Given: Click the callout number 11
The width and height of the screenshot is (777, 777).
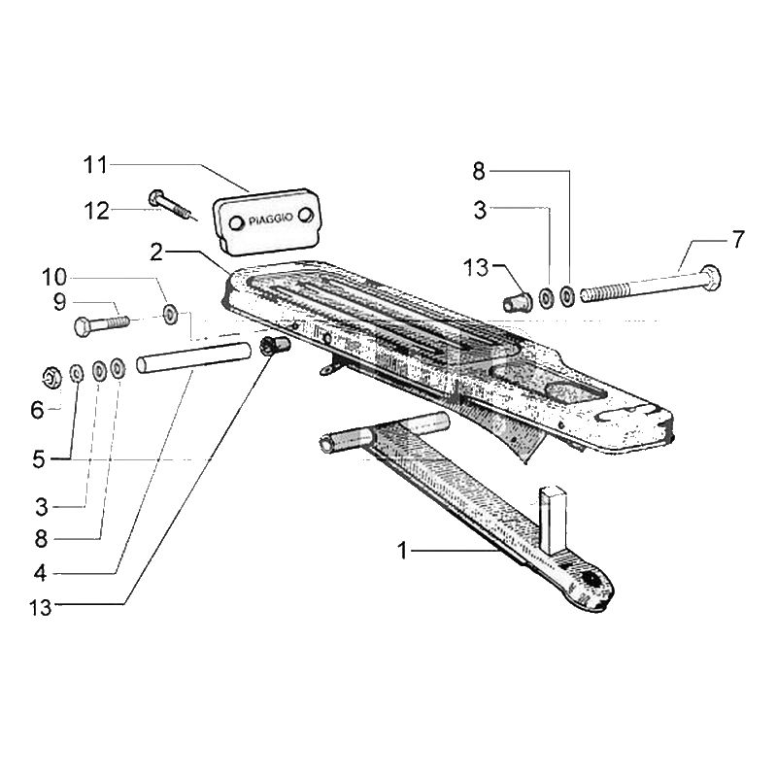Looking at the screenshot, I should [x=93, y=166].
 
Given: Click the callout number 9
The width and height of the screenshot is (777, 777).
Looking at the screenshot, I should [x=59, y=301].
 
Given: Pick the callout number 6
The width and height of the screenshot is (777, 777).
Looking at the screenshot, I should [x=37, y=411].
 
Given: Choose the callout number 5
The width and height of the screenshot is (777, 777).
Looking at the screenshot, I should [x=38, y=457].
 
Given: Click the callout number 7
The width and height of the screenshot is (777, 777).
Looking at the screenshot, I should [x=740, y=239].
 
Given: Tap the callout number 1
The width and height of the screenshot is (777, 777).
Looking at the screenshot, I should [x=402, y=552].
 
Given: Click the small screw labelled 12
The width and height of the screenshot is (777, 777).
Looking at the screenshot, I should [x=171, y=205].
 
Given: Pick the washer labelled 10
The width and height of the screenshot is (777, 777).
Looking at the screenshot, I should [x=171, y=313].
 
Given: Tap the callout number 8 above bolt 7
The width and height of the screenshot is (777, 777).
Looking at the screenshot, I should [x=478, y=172].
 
